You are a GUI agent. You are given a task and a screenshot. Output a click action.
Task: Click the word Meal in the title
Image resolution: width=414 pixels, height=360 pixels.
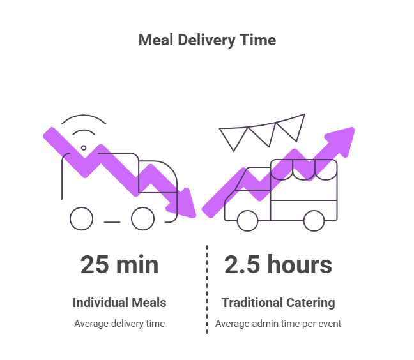click(x=155, y=40)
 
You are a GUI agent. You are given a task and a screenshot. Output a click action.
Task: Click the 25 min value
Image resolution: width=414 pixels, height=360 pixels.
click(x=119, y=265)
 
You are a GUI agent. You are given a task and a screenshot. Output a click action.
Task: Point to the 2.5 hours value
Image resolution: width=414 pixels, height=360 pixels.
click(x=278, y=265)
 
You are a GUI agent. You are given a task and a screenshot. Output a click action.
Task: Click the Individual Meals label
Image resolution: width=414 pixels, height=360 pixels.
click(x=119, y=303)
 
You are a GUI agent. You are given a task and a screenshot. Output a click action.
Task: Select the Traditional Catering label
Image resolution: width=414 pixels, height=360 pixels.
click(x=278, y=303)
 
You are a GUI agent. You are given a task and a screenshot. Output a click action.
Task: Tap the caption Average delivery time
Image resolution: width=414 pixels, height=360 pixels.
click(x=119, y=324)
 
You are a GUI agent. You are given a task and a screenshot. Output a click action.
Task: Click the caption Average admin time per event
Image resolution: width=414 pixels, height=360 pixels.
click(x=278, y=324)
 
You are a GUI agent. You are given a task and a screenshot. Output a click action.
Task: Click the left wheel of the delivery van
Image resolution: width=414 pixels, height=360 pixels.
click(x=81, y=219)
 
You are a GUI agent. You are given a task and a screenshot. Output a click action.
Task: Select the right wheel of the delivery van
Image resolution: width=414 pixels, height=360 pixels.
click(x=142, y=219)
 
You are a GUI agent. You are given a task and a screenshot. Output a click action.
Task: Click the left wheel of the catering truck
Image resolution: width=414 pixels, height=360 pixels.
click(x=247, y=220)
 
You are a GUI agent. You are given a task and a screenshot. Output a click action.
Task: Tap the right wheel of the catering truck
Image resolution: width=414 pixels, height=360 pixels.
click(x=313, y=220)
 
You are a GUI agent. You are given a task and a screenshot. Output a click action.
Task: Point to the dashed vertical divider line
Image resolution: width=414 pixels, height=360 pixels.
click(x=207, y=287)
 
